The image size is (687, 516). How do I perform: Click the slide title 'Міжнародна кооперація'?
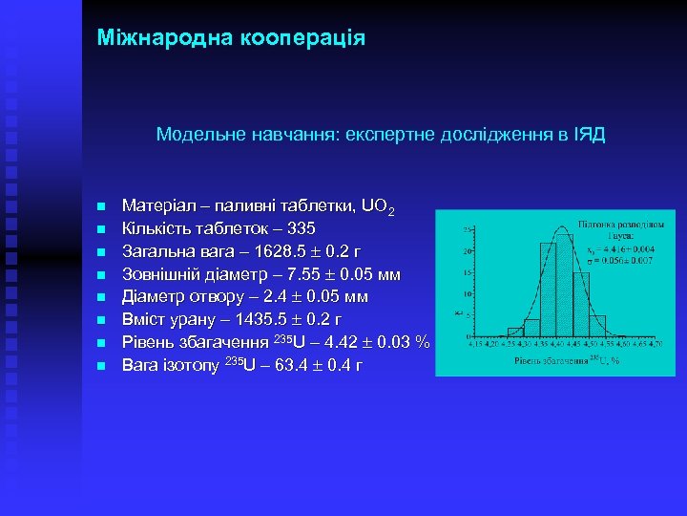click(x=231, y=38)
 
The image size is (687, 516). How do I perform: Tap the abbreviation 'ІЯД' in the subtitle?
click(x=589, y=136)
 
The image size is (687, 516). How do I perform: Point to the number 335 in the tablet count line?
click(x=301, y=229)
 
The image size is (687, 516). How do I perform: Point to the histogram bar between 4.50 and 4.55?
click(x=598, y=327)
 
